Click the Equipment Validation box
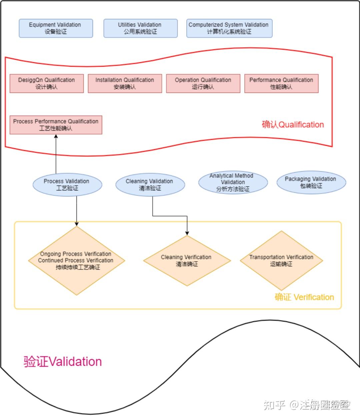[56, 28]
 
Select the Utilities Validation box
[140, 28]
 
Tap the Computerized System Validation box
[229, 28]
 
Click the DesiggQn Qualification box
[47, 83]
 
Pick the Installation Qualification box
[125, 83]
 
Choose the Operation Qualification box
[203, 83]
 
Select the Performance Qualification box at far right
[281, 83]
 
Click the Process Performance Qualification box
[56, 125]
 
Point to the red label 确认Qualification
[293, 125]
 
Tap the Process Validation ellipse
[67, 185]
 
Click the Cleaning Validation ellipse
[150, 185]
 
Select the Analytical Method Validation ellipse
[233, 182]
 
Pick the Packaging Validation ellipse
[311, 182]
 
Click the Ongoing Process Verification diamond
[76, 261]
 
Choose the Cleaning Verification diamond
[187, 261]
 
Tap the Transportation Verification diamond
[281, 261]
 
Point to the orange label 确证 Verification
[304, 297]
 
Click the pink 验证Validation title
[63, 362]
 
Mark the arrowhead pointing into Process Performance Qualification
[56, 137]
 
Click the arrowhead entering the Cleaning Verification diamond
[187, 233]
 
